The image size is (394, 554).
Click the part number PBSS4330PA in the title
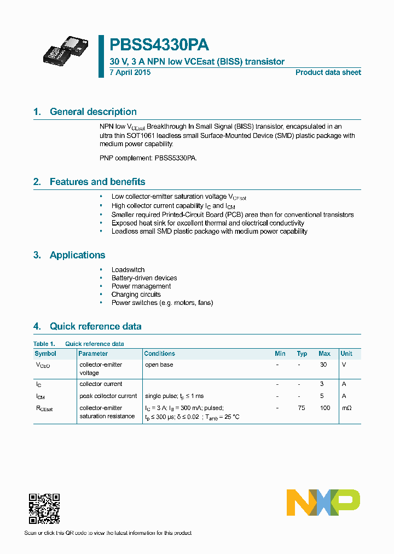pos(159,45)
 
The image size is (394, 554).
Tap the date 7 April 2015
pos(130,72)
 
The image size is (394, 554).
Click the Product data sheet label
pos(328,72)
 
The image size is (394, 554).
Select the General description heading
pos(93,112)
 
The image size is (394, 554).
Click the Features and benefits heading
pos(97,182)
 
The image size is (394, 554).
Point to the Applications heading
pos(77,255)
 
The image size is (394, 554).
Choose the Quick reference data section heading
pos(95,326)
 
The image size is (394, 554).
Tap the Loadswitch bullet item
pos(128,270)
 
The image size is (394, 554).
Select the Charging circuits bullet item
pos(136,295)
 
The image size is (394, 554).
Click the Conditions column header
pos(160,354)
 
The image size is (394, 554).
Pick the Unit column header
pos(346,354)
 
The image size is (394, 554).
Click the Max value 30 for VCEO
pos(323,365)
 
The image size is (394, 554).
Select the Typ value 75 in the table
pos(302,408)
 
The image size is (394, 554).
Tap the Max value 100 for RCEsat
pos(325,408)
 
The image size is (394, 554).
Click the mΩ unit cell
pos(347,408)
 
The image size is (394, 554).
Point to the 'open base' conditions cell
pos(159,365)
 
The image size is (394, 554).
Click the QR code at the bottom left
pos(44,509)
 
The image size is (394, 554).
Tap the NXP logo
pos(323,502)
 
